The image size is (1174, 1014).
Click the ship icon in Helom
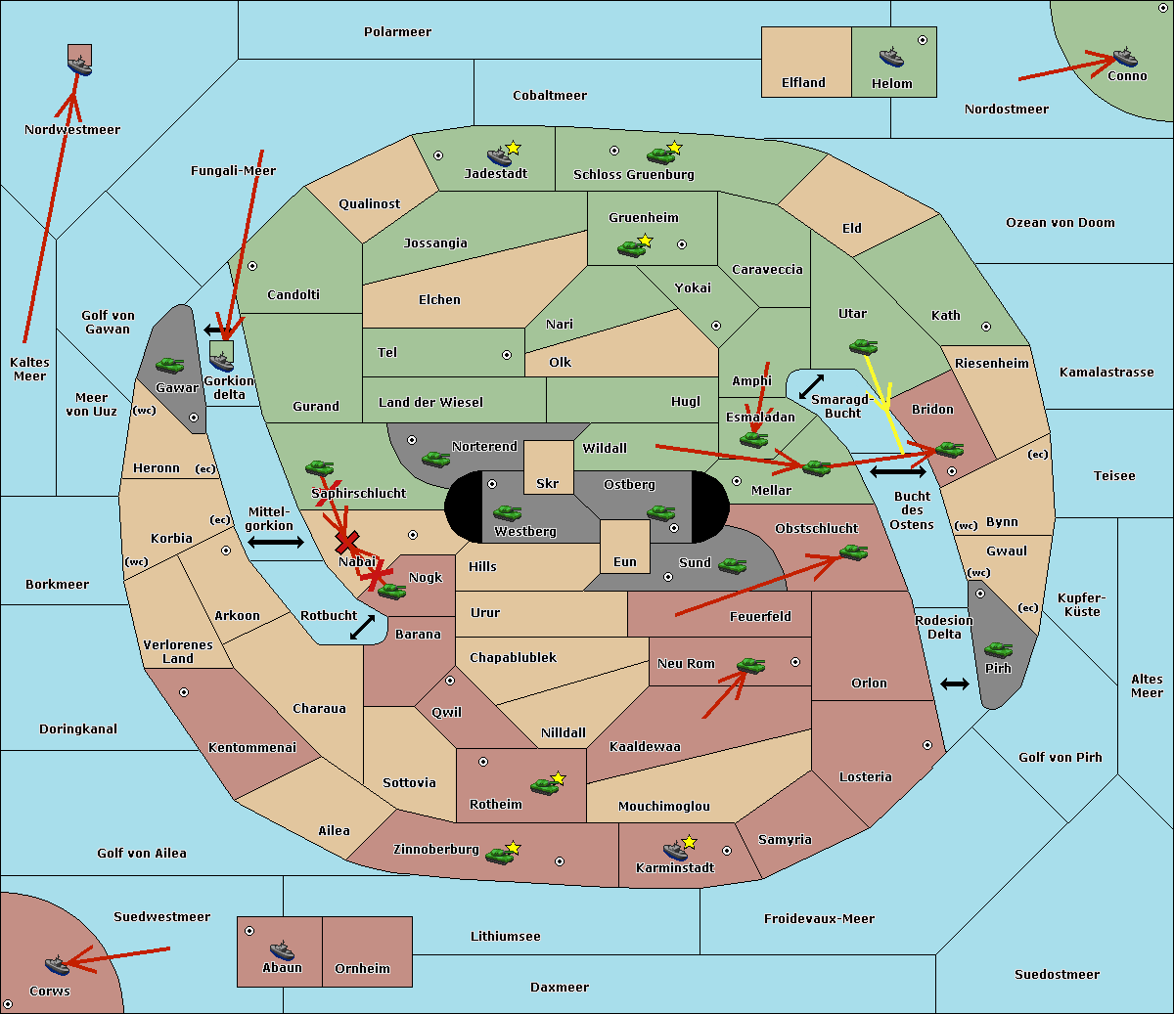coord(891,57)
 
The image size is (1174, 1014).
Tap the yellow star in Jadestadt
coord(513,149)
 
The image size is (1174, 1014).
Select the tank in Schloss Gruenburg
coord(660,154)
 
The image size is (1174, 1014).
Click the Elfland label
coord(803,83)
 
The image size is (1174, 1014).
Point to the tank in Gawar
coord(170,365)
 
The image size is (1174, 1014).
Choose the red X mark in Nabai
coord(346,542)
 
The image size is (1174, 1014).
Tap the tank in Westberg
coord(507,512)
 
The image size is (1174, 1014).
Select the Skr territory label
coord(548,483)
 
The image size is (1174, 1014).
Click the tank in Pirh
coord(998,649)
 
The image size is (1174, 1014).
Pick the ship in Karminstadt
coord(675,850)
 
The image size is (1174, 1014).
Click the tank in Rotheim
coord(544,786)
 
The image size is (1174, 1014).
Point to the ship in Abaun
coord(283,949)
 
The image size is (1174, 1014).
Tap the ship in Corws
coord(58,964)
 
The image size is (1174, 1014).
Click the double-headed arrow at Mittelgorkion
coord(276,542)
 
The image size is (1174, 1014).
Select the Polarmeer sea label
coord(397,32)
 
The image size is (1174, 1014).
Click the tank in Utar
coord(863,346)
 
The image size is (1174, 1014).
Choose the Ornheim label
coord(362,968)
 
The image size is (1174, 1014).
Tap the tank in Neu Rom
coord(750,665)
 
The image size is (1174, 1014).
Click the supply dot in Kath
coord(986,327)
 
